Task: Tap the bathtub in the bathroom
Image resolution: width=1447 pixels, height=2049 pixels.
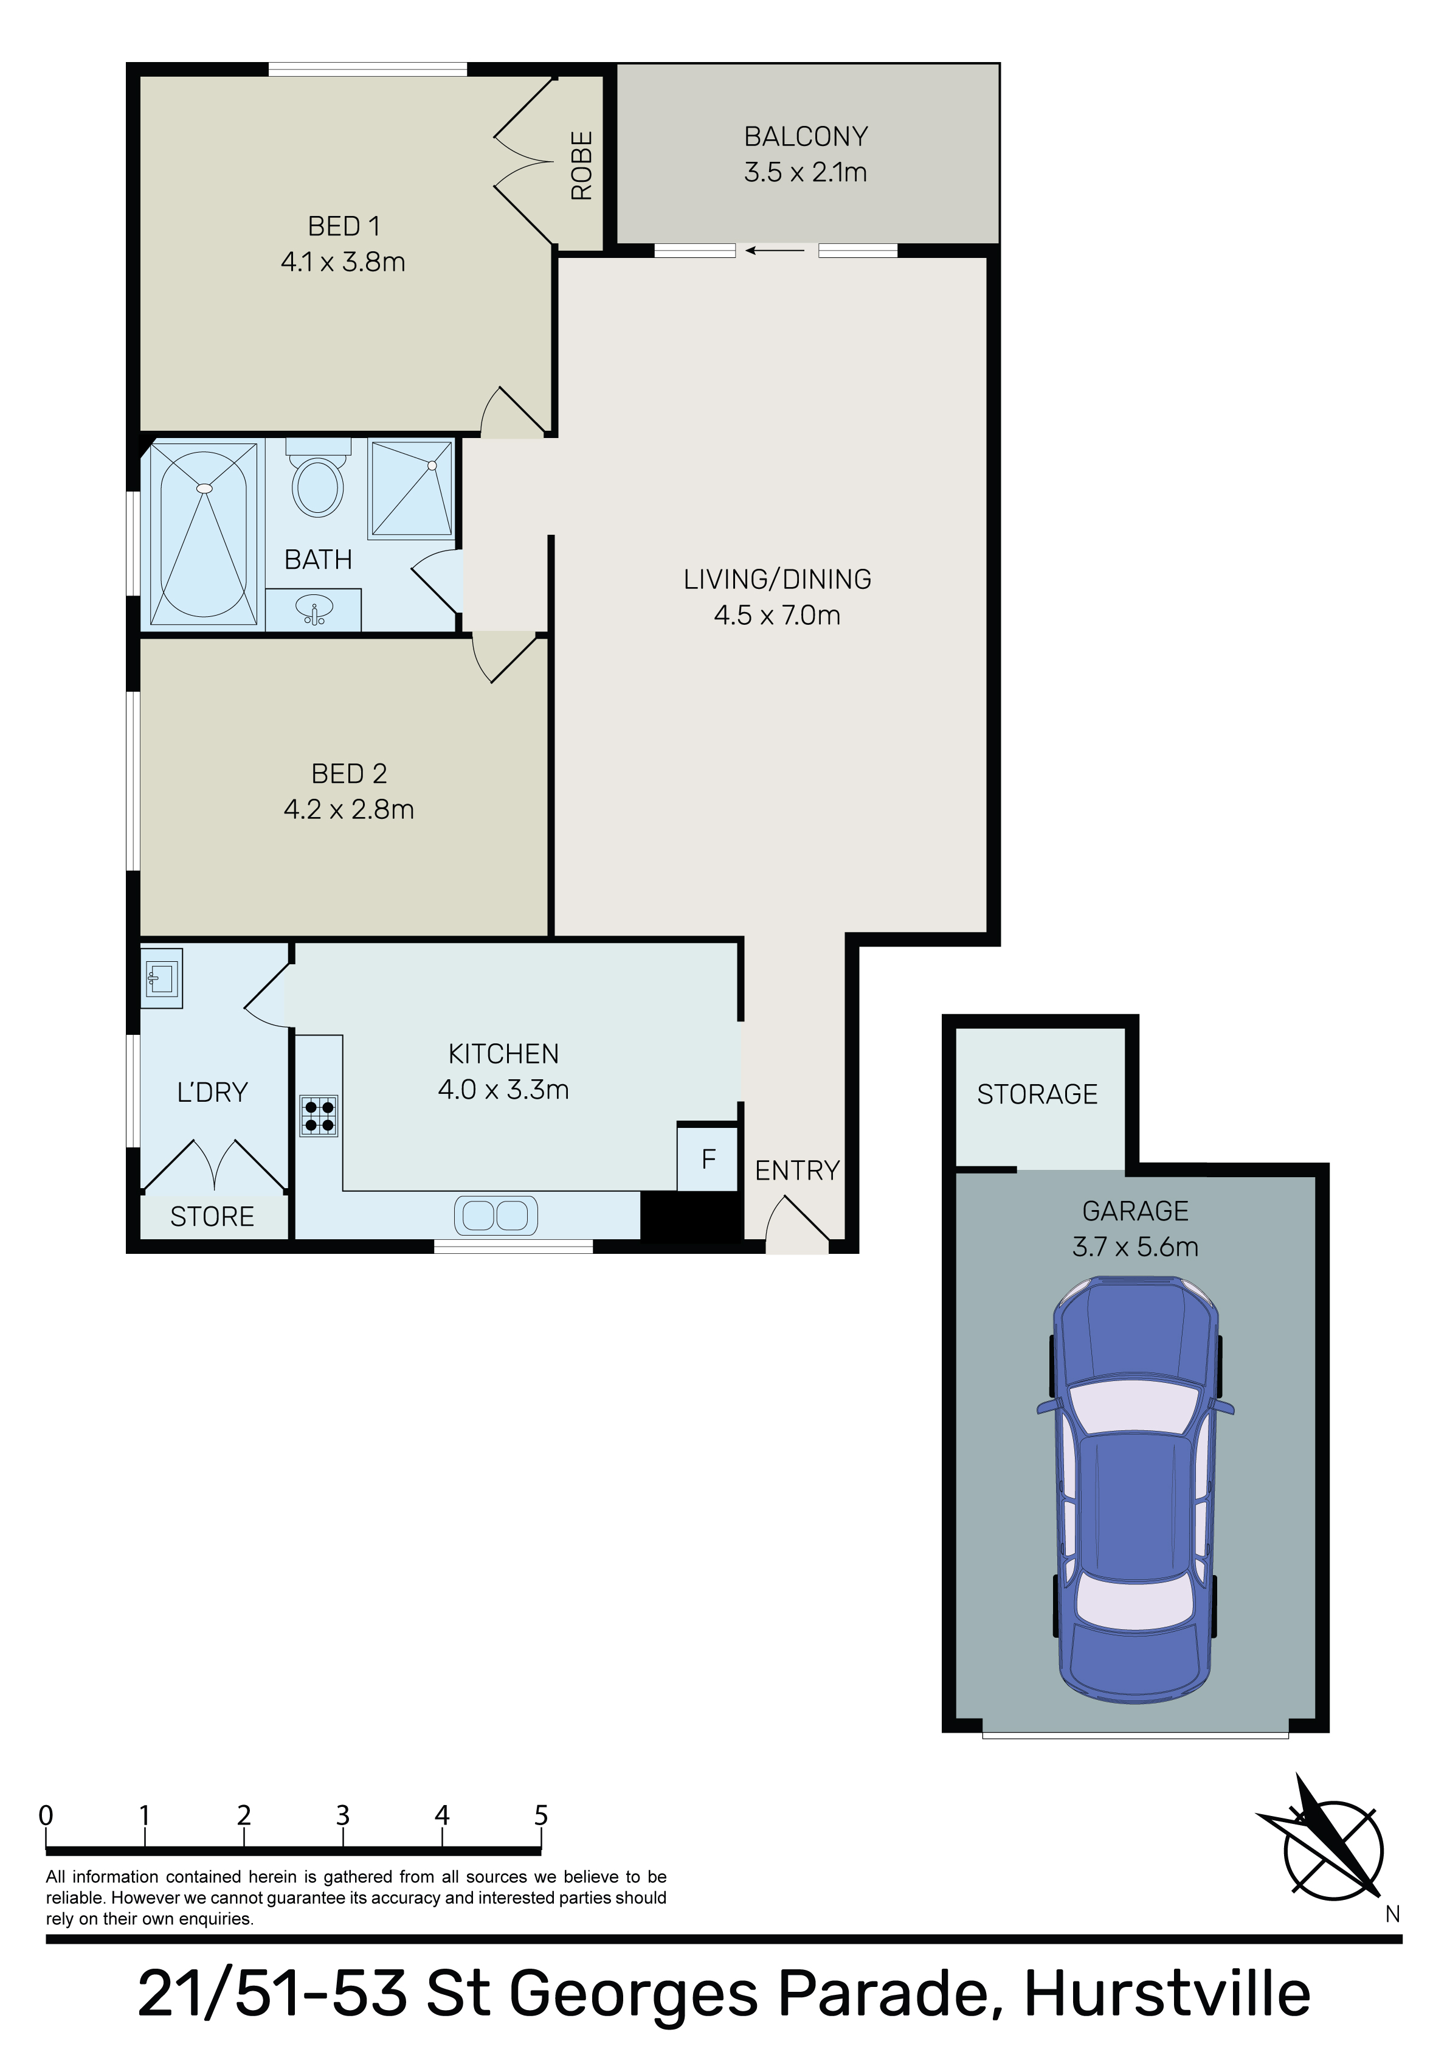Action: (x=204, y=534)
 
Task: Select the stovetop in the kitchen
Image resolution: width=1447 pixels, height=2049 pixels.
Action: (x=319, y=1116)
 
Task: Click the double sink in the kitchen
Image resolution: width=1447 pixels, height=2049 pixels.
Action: (x=496, y=1216)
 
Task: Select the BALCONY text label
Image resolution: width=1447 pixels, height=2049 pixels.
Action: (x=806, y=136)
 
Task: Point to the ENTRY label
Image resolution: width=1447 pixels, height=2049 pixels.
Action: (x=798, y=1171)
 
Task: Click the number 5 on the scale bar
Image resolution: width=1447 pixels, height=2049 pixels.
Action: (x=540, y=1816)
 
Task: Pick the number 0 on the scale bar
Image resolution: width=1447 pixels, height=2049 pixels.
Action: (x=46, y=1816)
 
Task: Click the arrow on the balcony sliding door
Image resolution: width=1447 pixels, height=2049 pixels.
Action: (x=775, y=251)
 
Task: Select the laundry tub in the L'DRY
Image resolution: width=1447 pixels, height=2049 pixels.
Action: (x=162, y=978)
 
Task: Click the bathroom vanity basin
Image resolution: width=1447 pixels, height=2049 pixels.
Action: (x=314, y=610)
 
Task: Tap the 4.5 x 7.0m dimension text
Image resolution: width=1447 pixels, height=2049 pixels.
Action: (x=777, y=615)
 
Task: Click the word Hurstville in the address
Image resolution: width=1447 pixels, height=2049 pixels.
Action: (x=1167, y=1995)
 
